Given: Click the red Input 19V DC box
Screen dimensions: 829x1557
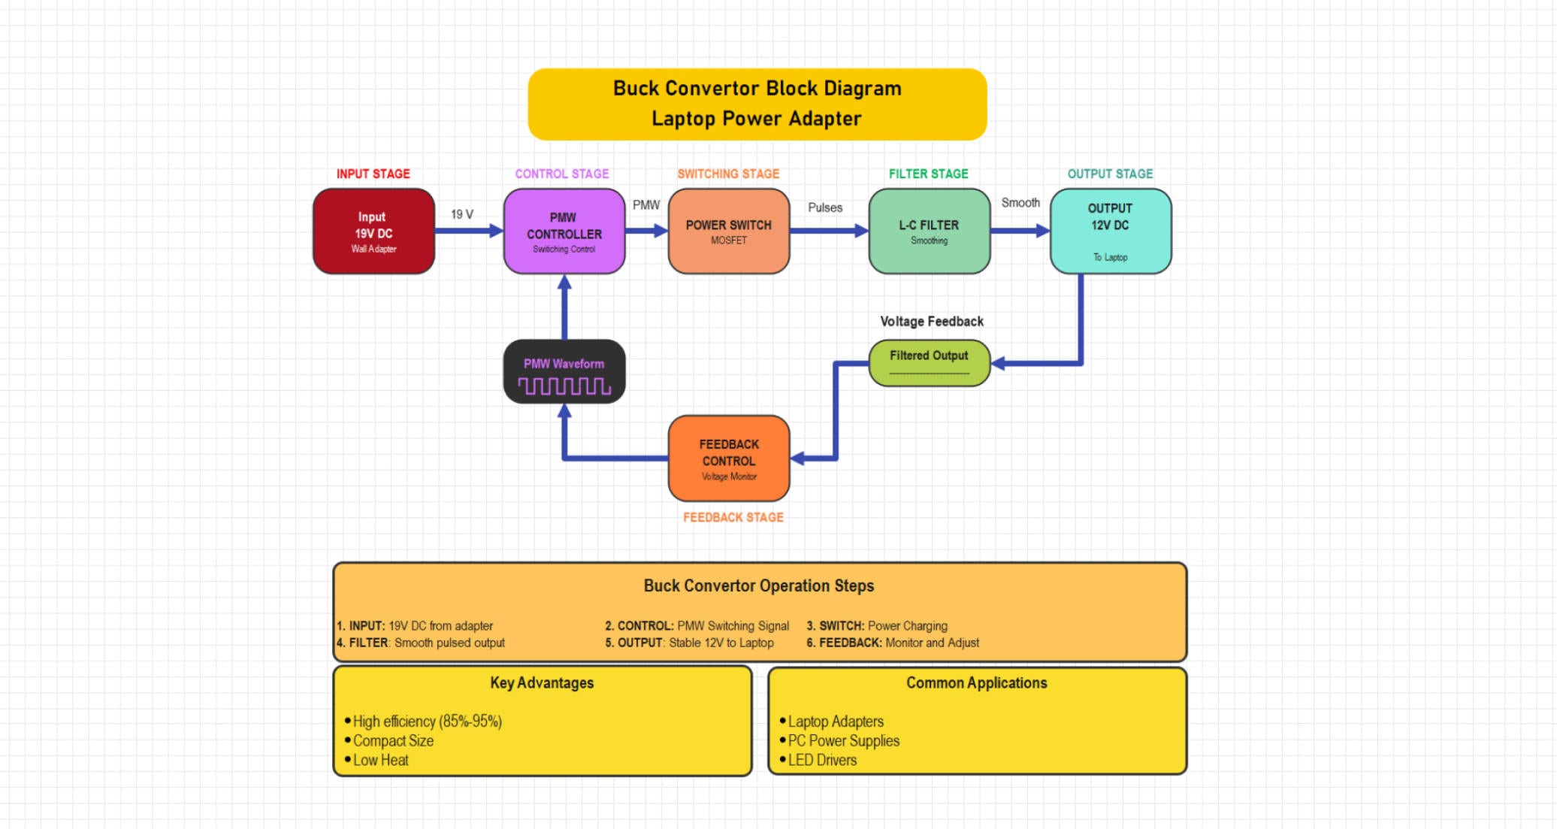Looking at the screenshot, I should click(x=373, y=231).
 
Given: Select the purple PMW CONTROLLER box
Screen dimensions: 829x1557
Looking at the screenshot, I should click(x=564, y=231).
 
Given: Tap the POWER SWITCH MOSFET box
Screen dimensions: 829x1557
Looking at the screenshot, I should click(x=728, y=231).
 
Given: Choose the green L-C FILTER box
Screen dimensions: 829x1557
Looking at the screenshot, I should click(x=929, y=231).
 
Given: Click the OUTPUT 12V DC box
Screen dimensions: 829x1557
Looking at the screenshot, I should click(x=1110, y=231).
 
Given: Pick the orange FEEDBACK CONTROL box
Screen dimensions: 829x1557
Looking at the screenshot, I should click(x=728, y=458).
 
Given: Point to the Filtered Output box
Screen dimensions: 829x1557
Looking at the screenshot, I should click(x=929, y=362).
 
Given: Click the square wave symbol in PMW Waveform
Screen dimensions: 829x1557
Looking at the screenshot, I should click(x=564, y=386).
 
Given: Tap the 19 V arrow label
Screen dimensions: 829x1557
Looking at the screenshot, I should click(x=461, y=214).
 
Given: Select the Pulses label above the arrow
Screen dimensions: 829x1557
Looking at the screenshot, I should click(x=824, y=207).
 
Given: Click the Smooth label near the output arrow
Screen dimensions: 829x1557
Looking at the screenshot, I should click(x=1020, y=203).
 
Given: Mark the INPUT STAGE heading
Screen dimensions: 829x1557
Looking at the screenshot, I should click(x=373, y=174).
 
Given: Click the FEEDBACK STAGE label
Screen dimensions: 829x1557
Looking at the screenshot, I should click(x=733, y=517).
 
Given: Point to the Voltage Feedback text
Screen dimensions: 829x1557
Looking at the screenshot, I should click(x=931, y=321).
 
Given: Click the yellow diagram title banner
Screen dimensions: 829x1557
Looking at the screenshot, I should click(x=757, y=104).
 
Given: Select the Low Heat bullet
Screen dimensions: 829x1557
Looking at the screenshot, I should click(x=380, y=760).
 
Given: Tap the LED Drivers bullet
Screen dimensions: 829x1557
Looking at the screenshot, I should click(x=821, y=760).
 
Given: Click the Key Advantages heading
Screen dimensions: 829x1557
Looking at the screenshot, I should click(x=541, y=682).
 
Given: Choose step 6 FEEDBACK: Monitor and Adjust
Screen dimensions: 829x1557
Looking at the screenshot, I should click(x=893, y=643).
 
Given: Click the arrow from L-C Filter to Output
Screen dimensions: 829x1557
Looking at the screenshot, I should click(x=1020, y=231).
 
